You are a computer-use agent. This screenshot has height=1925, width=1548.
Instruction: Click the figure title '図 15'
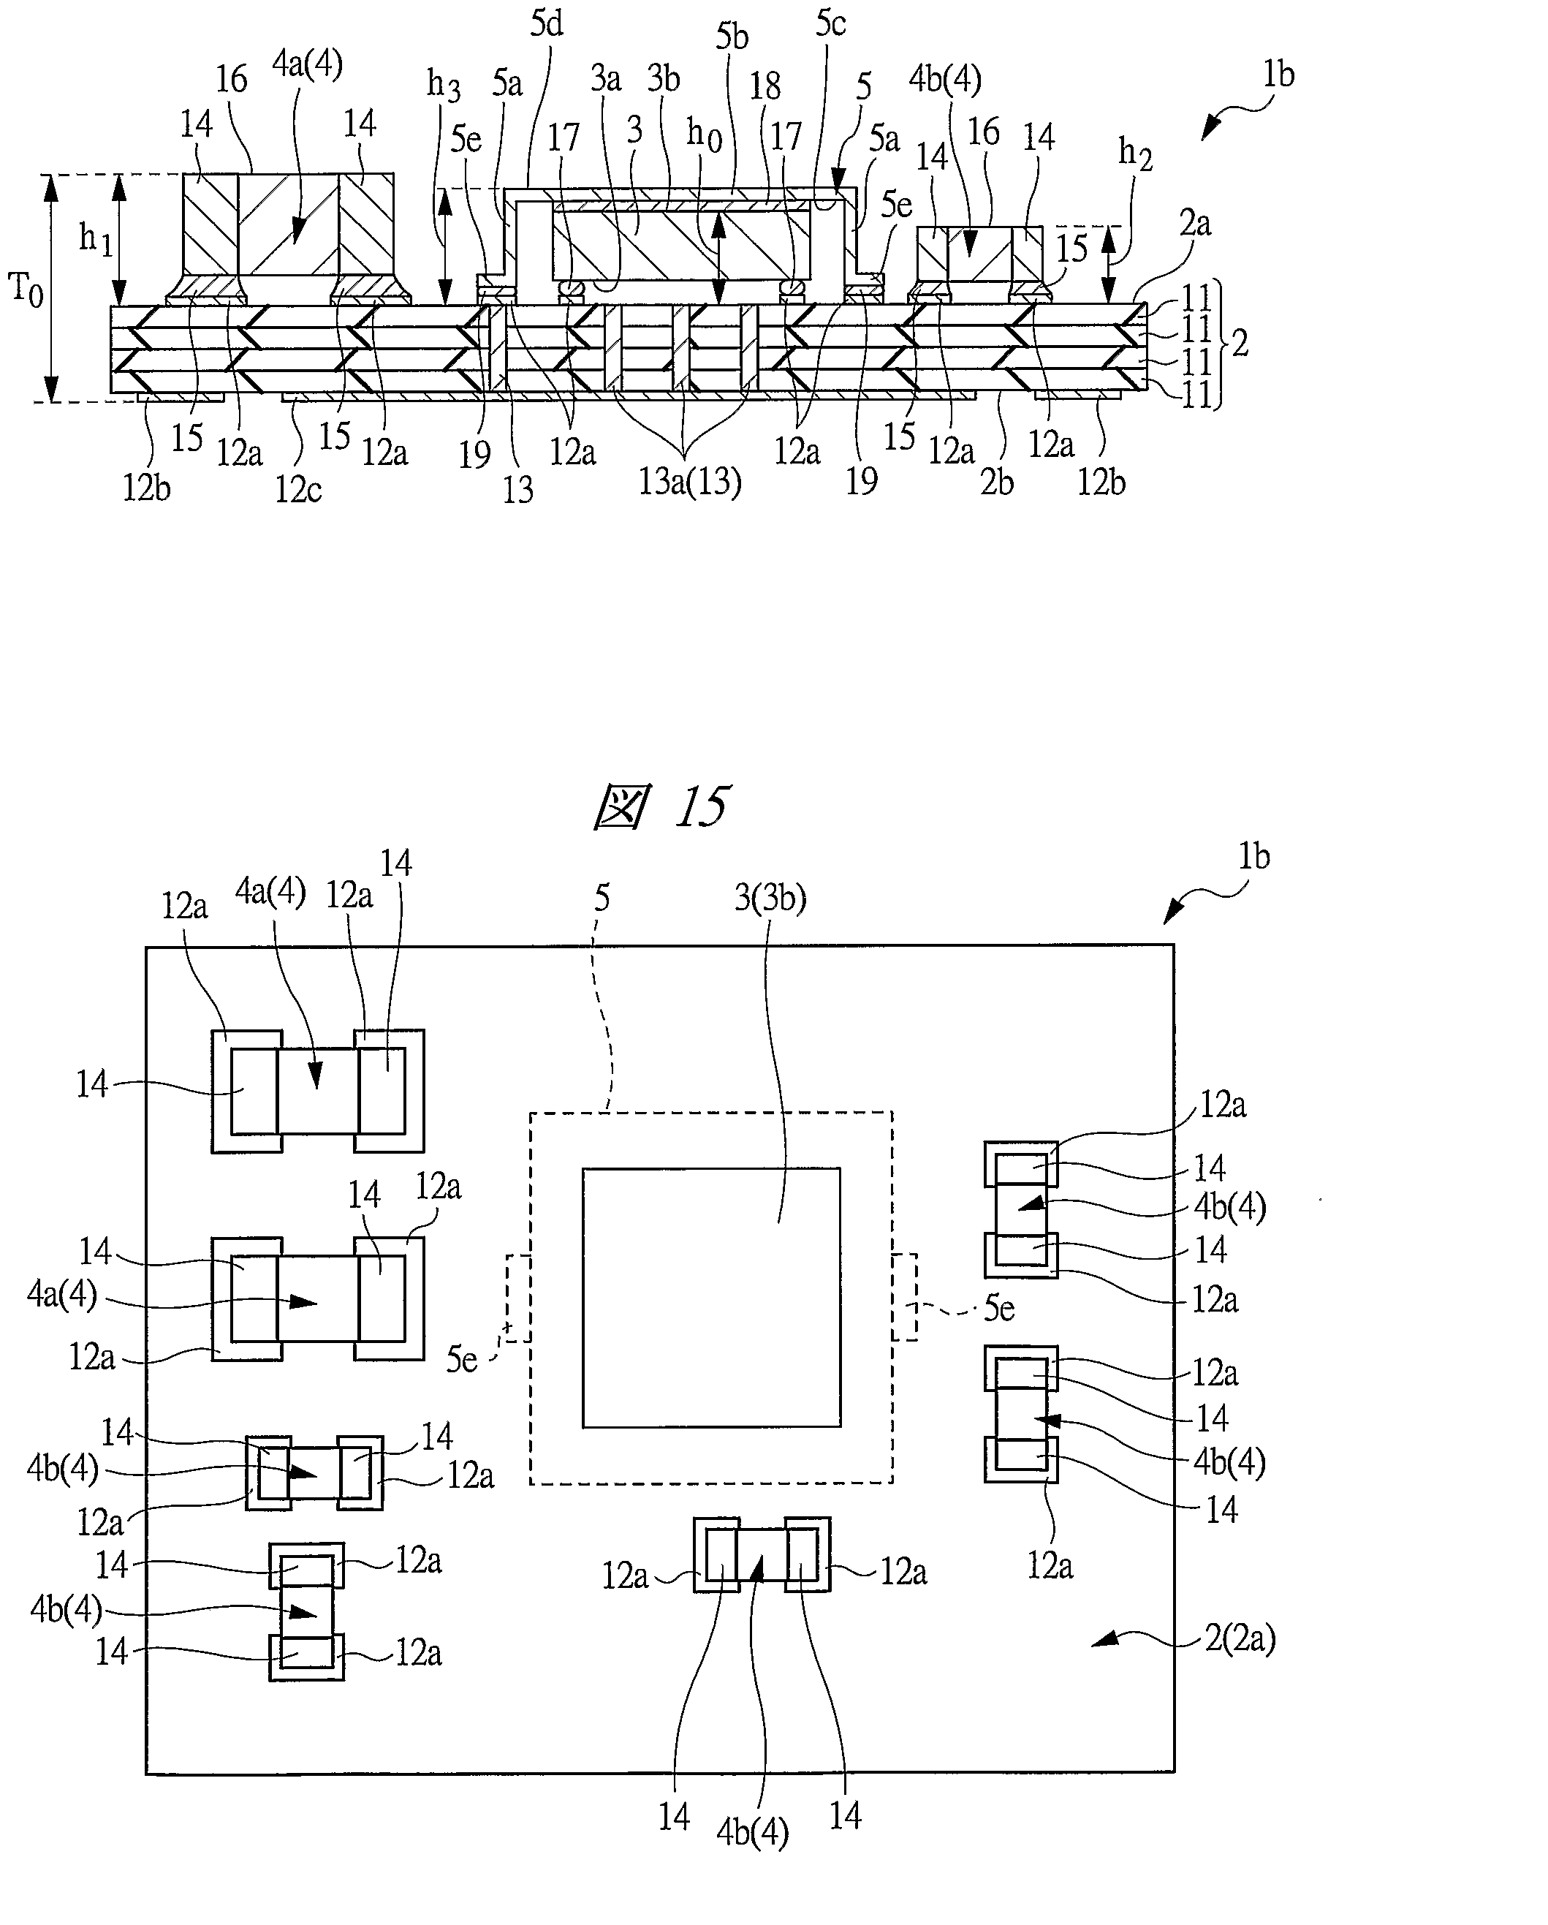[x=662, y=806]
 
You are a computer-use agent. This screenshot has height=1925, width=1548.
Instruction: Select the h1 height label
[x=96, y=238]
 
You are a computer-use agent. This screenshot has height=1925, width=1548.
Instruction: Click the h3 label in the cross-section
[x=444, y=86]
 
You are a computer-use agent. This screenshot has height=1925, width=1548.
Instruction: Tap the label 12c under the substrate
[x=298, y=489]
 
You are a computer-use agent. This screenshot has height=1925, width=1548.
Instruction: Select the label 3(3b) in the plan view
[x=770, y=897]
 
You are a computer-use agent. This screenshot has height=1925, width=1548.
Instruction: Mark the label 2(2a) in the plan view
[x=1239, y=1639]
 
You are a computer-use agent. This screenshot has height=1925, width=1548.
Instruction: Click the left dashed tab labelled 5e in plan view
[x=517, y=1297]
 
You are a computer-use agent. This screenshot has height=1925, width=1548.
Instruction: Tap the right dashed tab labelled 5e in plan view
[x=903, y=1296]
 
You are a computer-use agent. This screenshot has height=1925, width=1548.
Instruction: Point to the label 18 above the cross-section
[x=764, y=86]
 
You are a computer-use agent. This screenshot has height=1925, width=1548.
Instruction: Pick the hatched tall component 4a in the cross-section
[x=287, y=224]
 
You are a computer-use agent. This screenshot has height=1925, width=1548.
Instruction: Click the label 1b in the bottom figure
[x=1253, y=857]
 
